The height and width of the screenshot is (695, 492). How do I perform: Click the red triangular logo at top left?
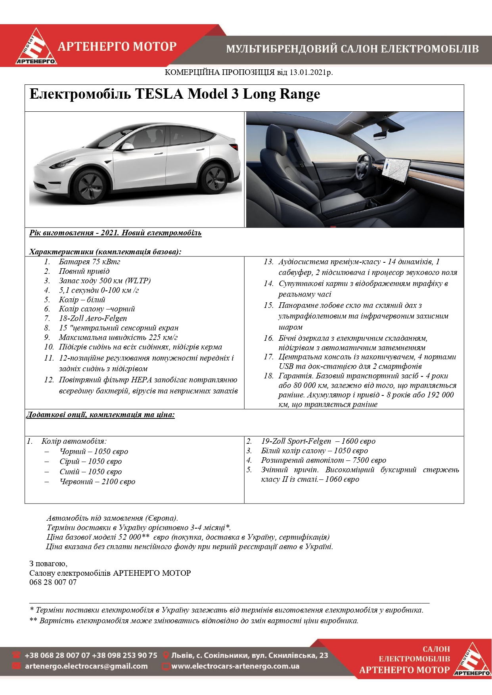click(x=36, y=47)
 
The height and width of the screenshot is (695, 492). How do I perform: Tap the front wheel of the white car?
click(x=90, y=185)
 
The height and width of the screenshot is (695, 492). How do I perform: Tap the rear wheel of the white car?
click(x=214, y=177)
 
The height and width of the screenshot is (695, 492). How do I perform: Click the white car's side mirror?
click(x=128, y=147)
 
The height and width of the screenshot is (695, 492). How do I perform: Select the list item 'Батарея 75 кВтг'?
click(x=89, y=262)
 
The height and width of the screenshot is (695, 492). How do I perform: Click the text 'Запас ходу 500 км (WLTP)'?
click(x=105, y=281)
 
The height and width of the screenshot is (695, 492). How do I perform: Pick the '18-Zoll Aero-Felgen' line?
click(x=93, y=318)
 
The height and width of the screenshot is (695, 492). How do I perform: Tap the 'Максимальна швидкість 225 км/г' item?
click(x=118, y=337)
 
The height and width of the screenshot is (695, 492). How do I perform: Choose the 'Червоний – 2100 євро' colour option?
click(x=97, y=481)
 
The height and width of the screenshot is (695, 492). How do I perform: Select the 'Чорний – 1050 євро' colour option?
click(x=94, y=451)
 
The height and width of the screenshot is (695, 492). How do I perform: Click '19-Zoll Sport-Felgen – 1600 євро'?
click(x=318, y=441)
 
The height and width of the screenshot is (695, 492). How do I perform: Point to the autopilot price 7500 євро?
click(x=369, y=460)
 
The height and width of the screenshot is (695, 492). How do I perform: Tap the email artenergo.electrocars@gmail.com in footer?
click(x=86, y=666)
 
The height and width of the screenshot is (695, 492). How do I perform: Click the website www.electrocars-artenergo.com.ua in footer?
click(x=235, y=666)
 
